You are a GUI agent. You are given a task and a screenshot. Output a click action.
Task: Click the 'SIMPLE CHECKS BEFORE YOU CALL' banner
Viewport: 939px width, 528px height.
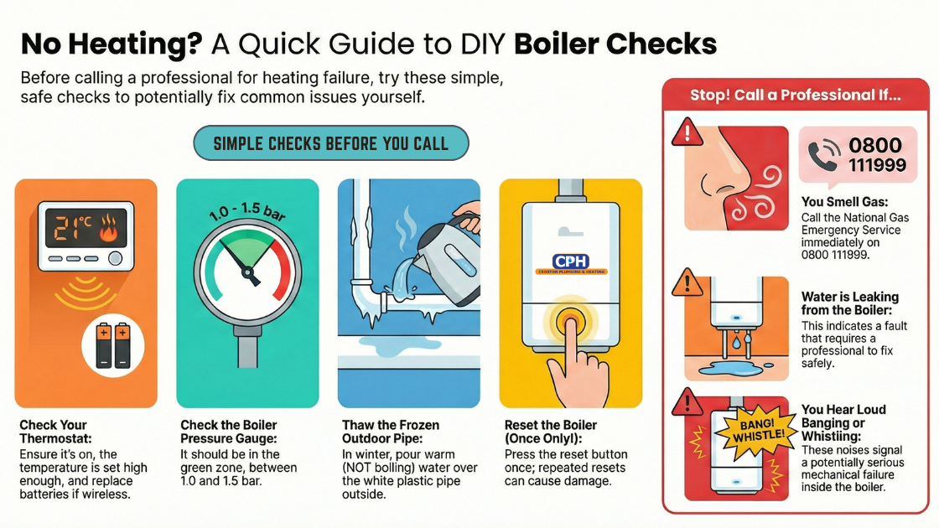tap(330, 143)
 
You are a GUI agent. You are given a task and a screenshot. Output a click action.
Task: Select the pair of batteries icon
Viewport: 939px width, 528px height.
tap(113, 345)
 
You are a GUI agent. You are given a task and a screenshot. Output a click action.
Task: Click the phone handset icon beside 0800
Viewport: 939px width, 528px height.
tap(823, 155)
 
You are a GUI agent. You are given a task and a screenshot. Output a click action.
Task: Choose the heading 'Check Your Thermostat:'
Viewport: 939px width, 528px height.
tap(54, 432)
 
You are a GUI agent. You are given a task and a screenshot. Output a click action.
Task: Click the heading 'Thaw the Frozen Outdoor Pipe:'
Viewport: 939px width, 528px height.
tap(391, 432)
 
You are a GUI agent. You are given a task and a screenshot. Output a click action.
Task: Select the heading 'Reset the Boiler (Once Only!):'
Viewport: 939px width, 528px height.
tap(548, 432)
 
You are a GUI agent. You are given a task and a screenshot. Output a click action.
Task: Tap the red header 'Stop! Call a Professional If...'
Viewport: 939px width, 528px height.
tap(796, 96)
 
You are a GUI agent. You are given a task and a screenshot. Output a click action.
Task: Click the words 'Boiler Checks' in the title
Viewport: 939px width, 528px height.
tap(615, 44)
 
